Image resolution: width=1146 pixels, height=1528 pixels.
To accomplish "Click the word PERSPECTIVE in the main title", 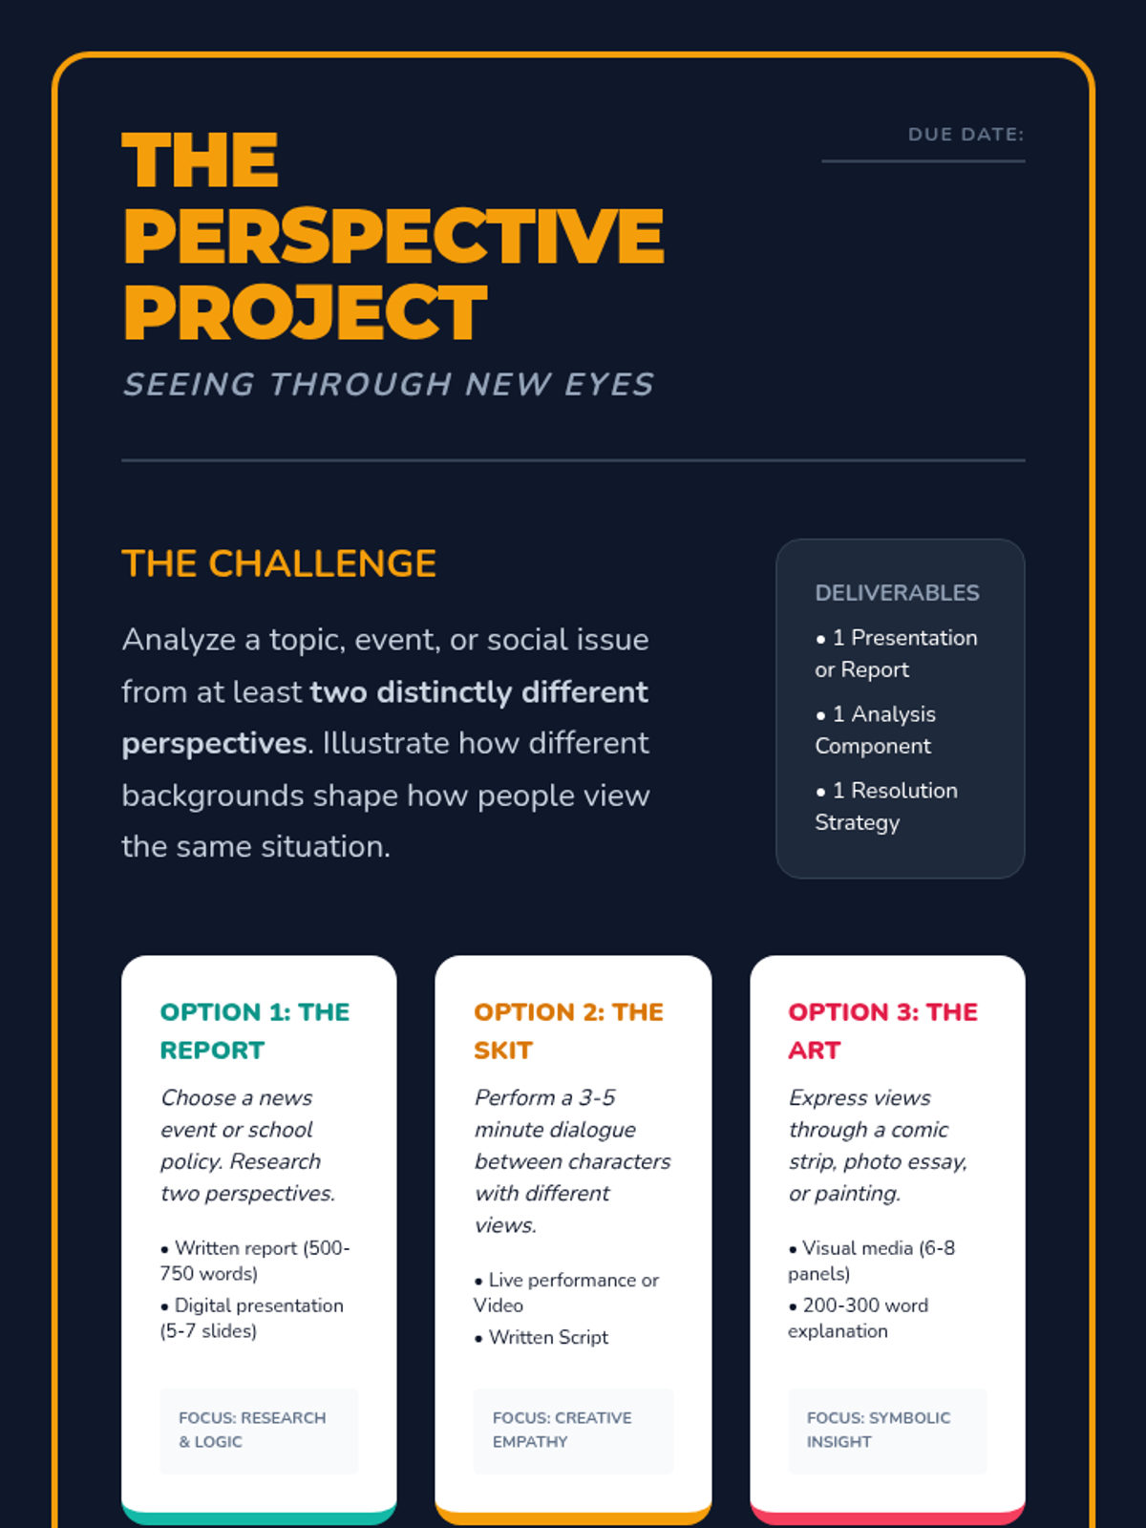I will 393,236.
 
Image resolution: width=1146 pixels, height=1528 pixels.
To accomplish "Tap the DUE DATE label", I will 966,135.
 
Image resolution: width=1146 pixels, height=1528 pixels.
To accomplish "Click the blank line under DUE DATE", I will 923,160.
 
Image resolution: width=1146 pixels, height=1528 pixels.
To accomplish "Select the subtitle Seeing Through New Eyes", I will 388,384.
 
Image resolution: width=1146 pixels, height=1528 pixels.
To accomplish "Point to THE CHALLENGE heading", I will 279,563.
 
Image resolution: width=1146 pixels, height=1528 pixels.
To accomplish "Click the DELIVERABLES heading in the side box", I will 897,593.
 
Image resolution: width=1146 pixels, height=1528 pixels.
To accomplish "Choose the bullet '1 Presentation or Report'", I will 896,653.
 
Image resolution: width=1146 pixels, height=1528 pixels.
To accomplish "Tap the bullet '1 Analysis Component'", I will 875,730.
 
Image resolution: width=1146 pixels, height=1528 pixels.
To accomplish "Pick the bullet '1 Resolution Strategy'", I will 886,806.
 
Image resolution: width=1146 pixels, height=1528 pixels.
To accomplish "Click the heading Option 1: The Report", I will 255,1030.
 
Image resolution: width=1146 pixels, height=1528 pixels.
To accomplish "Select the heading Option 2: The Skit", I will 568,1030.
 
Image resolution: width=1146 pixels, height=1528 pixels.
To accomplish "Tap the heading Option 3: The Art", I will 882,1030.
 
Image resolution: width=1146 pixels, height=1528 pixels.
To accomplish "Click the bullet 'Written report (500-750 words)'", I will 255,1261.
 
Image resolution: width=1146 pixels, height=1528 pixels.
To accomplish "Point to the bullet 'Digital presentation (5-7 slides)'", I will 252,1318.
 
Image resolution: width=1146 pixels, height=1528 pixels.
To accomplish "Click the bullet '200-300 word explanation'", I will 859,1318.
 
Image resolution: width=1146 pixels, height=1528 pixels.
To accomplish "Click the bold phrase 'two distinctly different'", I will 479,691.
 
